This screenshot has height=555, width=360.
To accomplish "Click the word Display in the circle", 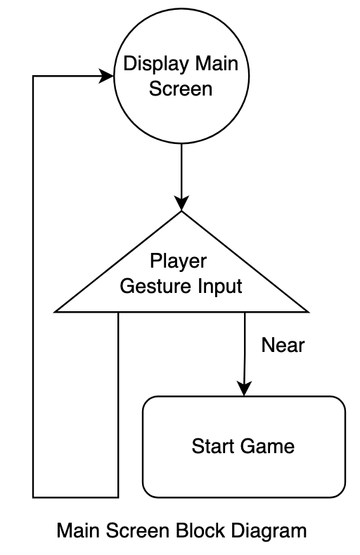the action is click(x=155, y=65).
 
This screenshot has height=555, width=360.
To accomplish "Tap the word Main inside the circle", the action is click(x=217, y=64).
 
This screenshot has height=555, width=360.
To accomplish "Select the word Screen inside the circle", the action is click(x=181, y=89).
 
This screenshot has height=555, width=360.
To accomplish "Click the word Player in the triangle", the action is click(x=178, y=262).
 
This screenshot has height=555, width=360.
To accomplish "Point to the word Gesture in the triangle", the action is click(x=155, y=287).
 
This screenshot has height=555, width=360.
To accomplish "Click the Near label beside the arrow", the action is click(x=283, y=345).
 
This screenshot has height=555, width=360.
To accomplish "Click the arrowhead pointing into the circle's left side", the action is click(x=106, y=76).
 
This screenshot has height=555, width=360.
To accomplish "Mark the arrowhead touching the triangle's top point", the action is click(x=181, y=203).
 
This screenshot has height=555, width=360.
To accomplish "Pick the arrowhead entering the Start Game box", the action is click(x=244, y=388).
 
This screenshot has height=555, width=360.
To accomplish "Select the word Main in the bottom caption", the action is click(x=78, y=531).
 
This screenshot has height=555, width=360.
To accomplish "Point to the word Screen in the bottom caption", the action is click(x=137, y=531).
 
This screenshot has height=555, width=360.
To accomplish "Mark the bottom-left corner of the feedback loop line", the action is click(x=33, y=497).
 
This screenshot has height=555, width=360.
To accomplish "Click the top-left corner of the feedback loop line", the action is click(x=33, y=76).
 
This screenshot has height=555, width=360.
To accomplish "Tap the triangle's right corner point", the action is click(x=309, y=312).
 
